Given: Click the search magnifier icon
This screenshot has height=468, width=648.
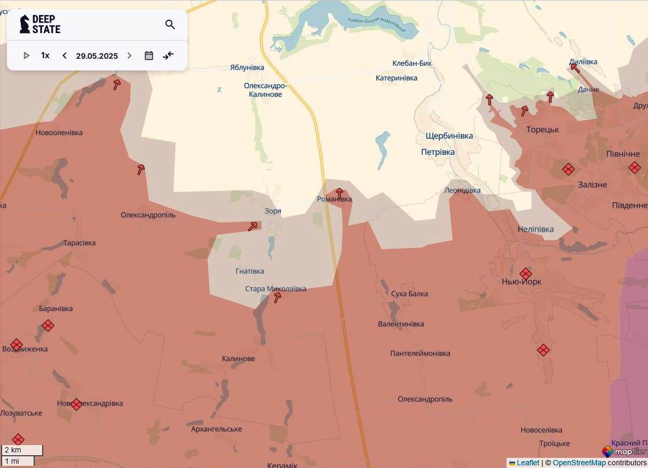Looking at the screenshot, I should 170,25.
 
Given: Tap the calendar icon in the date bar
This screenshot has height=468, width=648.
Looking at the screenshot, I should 149,55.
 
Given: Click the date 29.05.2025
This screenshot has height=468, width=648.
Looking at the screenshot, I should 97,55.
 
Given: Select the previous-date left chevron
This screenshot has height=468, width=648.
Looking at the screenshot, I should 65,55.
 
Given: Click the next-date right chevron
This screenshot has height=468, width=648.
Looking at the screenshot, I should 129,55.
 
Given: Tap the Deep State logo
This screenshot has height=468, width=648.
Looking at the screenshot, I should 40,24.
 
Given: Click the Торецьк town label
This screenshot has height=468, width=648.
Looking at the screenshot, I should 542,130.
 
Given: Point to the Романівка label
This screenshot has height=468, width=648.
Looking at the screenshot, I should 335,200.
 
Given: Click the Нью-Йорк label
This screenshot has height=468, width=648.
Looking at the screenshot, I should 521,282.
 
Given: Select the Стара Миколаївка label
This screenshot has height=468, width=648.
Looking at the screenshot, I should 275,289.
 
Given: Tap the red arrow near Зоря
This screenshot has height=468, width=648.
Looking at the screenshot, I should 252,227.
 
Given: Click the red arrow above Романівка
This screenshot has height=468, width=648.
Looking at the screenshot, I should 339,193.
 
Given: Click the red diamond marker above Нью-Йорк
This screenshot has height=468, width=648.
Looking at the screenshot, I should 526,273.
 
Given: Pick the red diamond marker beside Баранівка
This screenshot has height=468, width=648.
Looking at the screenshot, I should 48,326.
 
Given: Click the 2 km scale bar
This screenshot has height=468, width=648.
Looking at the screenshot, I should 22,450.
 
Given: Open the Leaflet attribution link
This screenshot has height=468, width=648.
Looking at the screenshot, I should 527,463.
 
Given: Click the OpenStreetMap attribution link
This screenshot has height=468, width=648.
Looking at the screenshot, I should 579,463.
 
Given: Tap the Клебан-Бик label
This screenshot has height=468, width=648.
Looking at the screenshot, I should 412,64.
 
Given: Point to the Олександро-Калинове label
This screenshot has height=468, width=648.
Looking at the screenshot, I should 265,90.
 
